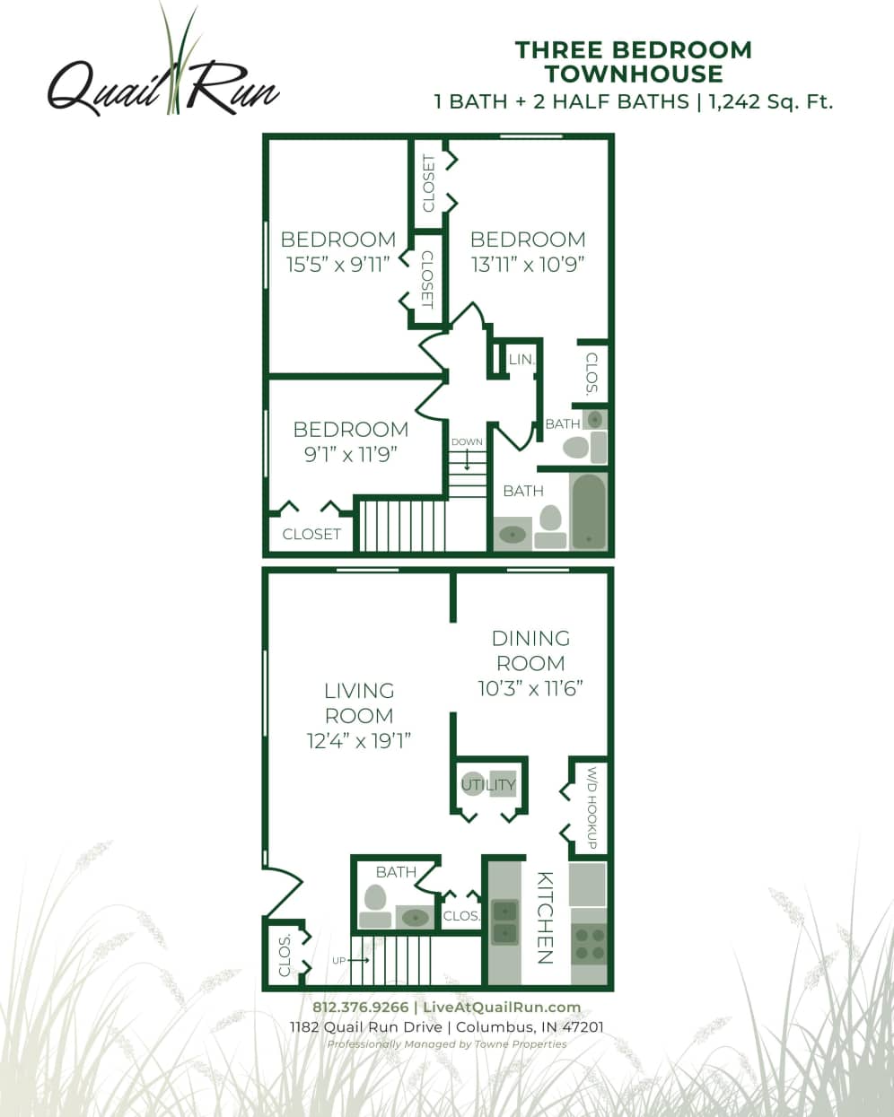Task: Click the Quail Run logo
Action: click(x=162, y=81)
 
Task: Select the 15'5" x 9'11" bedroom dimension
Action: click(x=337, y=265)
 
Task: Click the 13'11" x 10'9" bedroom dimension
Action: click(x=528, y=265)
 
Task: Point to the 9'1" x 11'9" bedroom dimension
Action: click(x=350, y=454)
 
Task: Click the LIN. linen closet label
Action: click(x=521, y=360)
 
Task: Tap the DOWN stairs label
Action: click(x=467, y=442)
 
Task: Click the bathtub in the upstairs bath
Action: click(x=589, y=511)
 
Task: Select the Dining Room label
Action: click(x=530, y=650)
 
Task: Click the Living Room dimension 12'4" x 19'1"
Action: click(x=359, y=741)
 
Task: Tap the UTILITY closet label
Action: click(x=488, y=785)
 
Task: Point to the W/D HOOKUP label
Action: click(x=592, y=808)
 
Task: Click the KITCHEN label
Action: click(x=545, y=917)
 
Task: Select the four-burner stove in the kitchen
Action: click(x=590, y=942)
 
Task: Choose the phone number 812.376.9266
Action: click(x=360, y=1008)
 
